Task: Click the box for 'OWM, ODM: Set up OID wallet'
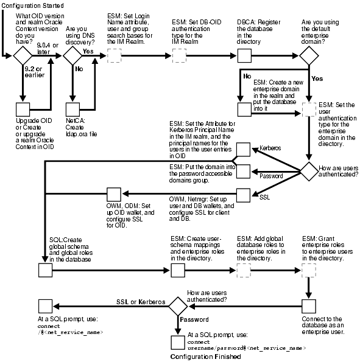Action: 114,195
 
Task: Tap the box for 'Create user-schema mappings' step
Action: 179,270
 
